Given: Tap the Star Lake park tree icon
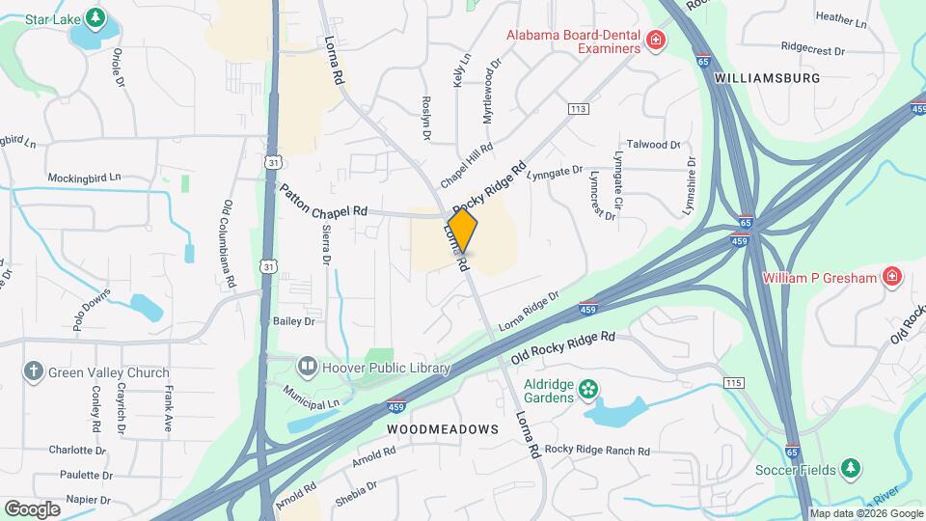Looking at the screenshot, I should coord(95,17).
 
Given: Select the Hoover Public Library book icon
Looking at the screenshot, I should coord(308,367).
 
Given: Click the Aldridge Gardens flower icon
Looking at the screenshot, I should coord(587,392).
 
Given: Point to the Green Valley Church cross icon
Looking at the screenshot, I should coord(34,371).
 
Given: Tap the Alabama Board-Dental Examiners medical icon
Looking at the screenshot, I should coord(656,41).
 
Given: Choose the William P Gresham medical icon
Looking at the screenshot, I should coord(892,278).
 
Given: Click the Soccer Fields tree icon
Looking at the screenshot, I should coord(850,468).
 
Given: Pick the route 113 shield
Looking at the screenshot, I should coord(578,109).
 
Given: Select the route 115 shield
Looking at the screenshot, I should coord(735,384).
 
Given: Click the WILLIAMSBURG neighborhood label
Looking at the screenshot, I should coord(768,77).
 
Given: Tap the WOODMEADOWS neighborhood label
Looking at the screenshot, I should coord(443,428).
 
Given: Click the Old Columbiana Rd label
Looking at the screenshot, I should coord(230,245).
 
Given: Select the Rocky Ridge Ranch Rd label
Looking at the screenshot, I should coord(597,451).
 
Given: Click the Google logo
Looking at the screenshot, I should coord(32,508).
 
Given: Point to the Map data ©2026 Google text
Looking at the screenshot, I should coord(865,513).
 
